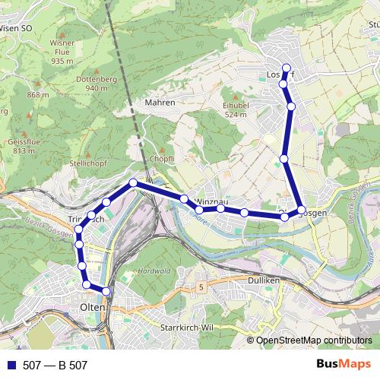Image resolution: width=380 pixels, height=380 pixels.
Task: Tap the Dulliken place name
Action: (264, 280)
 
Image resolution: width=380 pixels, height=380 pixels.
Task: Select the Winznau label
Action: (211, 201)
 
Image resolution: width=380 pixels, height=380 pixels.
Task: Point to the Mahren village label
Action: (160, 103)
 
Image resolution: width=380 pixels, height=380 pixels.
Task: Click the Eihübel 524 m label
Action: (236, 109)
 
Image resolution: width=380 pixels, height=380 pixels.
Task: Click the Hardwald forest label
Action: (154, 270)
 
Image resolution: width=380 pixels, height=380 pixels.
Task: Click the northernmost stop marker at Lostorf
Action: (287, 68)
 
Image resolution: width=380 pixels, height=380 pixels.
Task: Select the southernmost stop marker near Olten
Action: (106, 291)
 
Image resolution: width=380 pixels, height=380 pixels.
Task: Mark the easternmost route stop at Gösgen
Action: (302, 209)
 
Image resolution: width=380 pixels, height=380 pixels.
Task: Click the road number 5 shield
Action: (201, 287)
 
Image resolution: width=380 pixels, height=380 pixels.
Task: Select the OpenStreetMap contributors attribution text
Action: (314, 341)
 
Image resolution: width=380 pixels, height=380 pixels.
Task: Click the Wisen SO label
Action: (15, 28)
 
